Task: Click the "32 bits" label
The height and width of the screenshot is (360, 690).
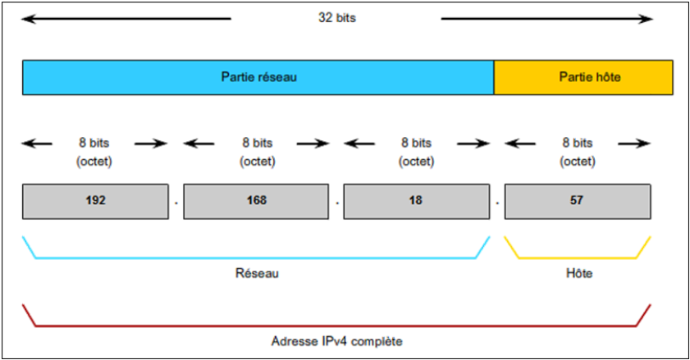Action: click(x=336, y=17)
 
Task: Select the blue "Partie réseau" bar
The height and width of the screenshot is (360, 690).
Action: click(x=258, y=77)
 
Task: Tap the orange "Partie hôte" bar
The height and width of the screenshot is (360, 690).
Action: click(x=583, y=77)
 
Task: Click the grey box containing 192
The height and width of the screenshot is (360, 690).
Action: click(x=94, y=201)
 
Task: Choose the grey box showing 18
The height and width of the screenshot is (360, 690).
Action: click(x=416, y=201)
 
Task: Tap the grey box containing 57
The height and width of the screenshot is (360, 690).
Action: click(x=578, y=201)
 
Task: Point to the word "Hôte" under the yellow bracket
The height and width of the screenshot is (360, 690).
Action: click(x=579, y=273)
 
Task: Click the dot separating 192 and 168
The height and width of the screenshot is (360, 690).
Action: click(x=176, y=201)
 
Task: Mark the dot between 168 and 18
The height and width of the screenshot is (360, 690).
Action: click(x=336, y=201)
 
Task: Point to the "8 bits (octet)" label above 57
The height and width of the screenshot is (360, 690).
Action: click(x=577, y=152)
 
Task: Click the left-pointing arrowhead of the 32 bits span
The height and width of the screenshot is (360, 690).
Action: click(x=27, y=17)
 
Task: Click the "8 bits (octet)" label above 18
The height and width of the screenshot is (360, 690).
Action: click(x=417, y=152)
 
